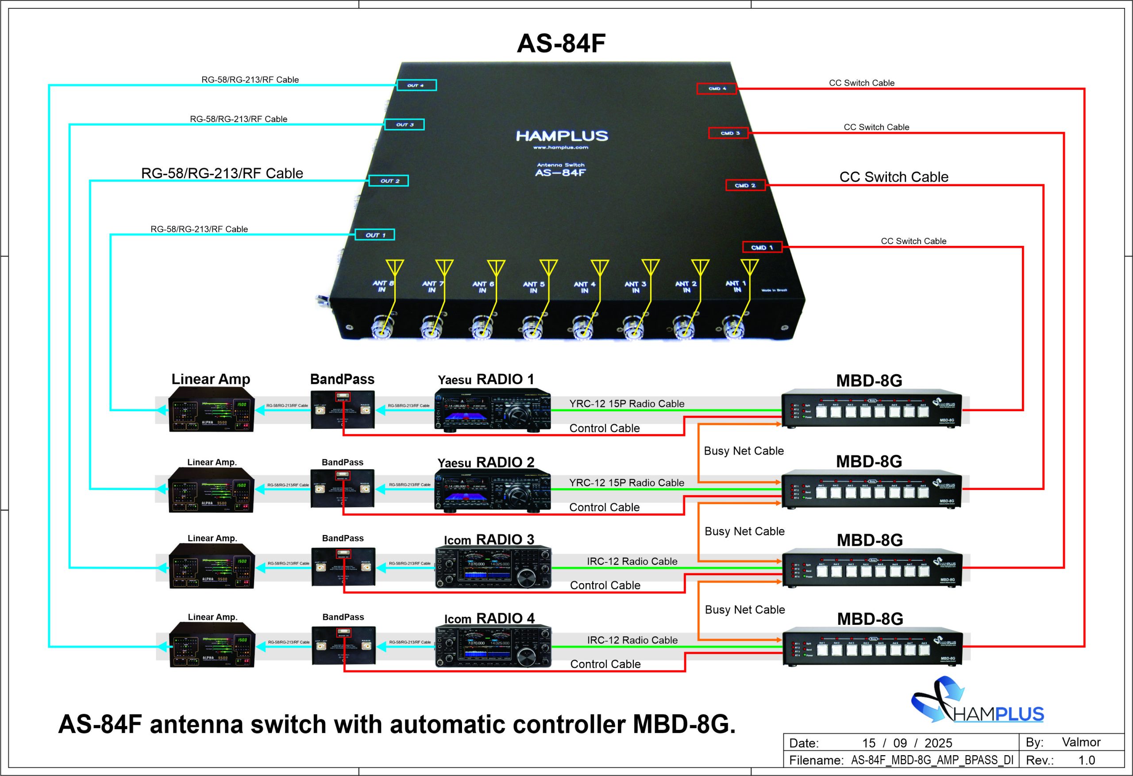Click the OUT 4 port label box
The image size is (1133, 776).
click(x=416, y=85)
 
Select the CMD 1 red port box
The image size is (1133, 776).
click(x=762, y=248)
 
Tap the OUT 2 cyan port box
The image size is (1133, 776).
click(x=388, y=181)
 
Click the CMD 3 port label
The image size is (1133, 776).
click(x=728, y=133)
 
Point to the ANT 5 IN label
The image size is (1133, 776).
click(x=534, y=287)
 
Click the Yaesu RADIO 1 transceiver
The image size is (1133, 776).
click(x=493, y=411)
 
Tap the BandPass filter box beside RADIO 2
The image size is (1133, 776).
click(x=342, y=489)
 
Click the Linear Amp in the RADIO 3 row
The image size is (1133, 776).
click(x=212, y=566)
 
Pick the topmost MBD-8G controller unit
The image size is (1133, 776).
click(x=871, y=408)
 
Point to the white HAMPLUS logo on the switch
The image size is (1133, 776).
click(x=562, y=136)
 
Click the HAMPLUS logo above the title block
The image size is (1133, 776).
click(x=977, y=701)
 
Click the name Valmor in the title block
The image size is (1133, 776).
click(x=1081, y=742)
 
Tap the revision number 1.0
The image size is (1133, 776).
click(x=1086, y=760)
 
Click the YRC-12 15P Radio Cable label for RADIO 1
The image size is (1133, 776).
click(x=626, y=403)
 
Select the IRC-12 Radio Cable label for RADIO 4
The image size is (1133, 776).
click(x=632, y=640)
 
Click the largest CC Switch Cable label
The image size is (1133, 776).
click(x=894, y=177)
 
